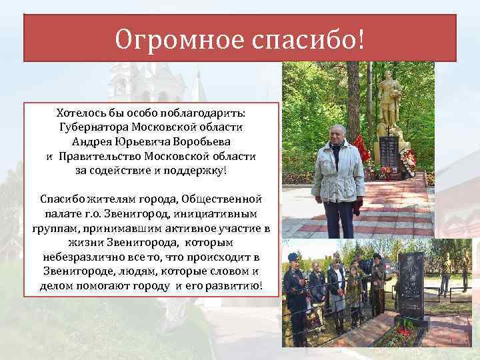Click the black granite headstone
[410, 283]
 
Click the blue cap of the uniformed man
[294, 257]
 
